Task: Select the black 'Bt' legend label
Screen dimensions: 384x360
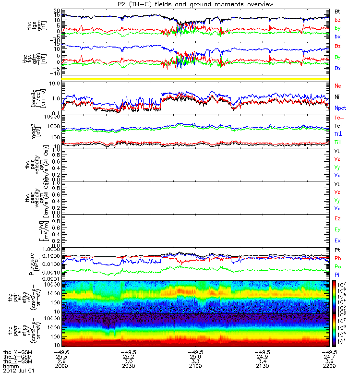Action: [337, 11]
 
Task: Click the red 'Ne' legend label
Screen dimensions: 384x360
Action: [338, 85]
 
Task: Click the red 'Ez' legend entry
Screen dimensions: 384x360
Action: [337, 218]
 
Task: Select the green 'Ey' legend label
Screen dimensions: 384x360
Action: [337, 229]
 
